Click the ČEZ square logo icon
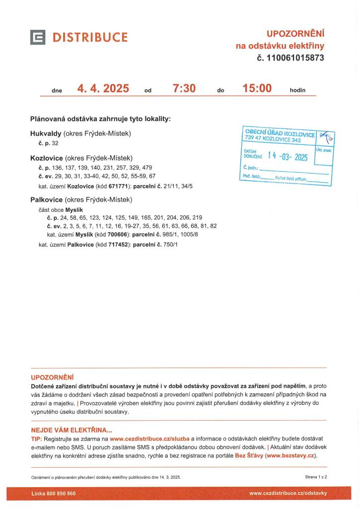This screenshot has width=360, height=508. coord(38,37)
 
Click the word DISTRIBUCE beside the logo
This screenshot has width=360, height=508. coord(90,38)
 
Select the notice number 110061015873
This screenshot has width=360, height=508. coord(295,58)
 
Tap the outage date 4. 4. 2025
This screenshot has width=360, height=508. coord(103,89)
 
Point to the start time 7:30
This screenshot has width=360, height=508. coord(184,89)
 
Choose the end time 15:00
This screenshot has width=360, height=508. coord(257,89)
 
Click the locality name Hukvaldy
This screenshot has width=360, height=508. coord(46,133)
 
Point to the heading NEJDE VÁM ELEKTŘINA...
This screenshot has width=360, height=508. coord(72,430)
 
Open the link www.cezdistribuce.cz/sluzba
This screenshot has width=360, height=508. coord(149,439)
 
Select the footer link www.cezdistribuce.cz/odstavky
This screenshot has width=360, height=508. coord(288,494)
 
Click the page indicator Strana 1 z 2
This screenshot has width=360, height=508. coord(316,477)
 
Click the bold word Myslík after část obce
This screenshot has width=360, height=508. coord(74,210)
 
